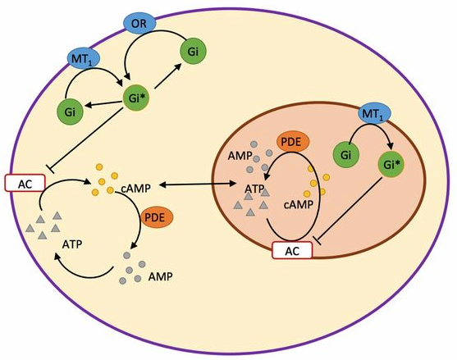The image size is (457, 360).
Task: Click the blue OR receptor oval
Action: (139, 23)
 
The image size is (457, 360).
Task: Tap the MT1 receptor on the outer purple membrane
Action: (84, 59)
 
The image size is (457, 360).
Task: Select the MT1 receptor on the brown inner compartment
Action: (374, 113)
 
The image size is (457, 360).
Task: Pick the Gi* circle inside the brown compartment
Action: (391, 165)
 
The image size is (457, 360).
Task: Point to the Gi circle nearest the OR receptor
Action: (193, 52)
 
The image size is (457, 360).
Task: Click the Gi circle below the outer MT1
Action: (70, 112)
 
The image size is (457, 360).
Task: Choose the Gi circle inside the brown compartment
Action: (346, 155)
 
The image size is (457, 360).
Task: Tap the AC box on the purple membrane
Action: (25, 183)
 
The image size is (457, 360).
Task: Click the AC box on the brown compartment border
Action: (292, 250)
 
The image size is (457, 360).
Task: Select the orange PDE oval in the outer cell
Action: (157, 217)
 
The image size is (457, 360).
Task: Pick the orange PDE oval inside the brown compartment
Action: (293, 142)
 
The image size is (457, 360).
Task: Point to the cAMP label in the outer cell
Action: (136, 189)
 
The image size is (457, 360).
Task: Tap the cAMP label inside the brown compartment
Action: (299, 204)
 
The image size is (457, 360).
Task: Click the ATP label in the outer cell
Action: (72, 244)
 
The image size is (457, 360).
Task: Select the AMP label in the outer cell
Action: (160, 276)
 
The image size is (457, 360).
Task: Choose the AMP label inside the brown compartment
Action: (240, 156)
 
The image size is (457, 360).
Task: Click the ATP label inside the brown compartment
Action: (254, 189)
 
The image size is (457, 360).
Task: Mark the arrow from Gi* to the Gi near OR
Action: (168, 76)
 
